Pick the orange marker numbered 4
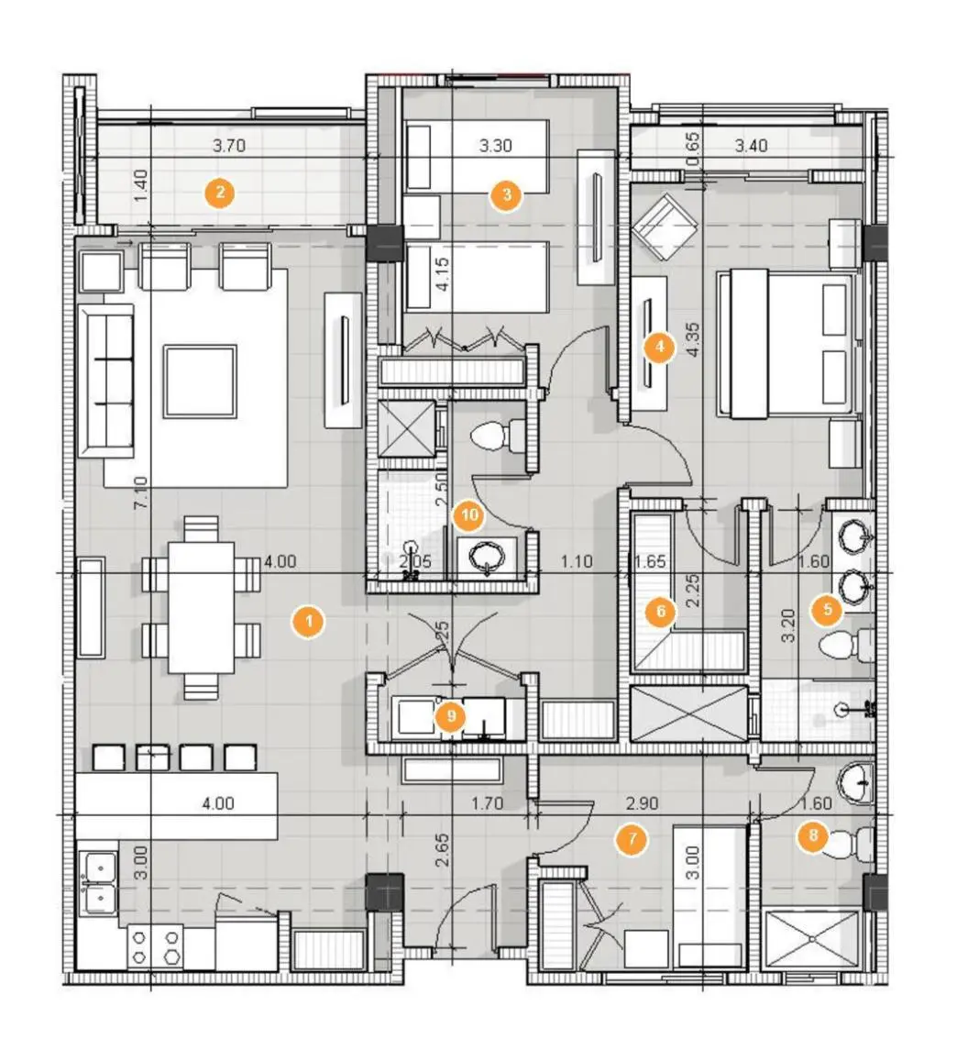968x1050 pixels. (x=658, y=347)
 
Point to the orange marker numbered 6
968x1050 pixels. (x=659, y=612)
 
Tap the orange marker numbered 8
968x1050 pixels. (x=812, y=836)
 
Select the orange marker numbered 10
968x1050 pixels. (x=468, y=516)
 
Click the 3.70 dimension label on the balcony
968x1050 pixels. (x=229, y=145)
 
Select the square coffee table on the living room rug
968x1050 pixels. (x=200, y=381)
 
